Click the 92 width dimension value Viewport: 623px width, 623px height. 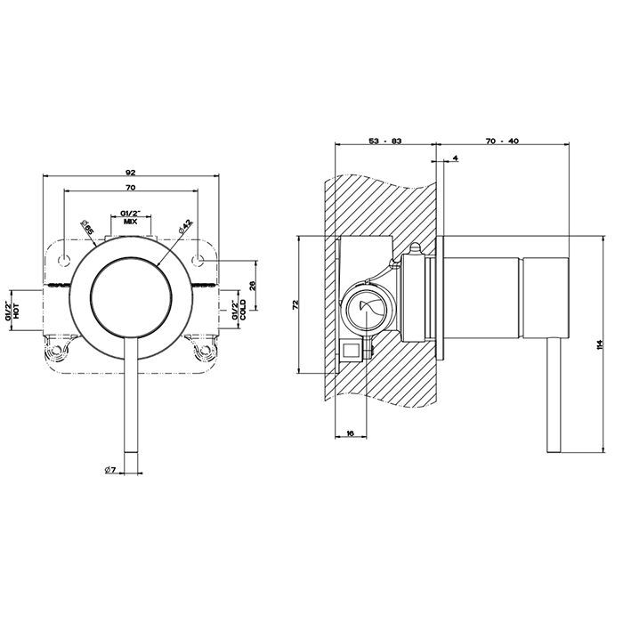[131, 172]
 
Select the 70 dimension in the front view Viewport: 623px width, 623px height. [131, 188]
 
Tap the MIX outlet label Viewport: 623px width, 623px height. [130, 222]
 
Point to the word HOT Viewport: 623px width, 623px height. [16, 311]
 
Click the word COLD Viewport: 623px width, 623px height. [243, 310]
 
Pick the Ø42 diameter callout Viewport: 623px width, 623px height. [185, 226]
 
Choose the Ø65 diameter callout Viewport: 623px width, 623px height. [86, 227]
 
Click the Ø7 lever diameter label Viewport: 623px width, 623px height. [110, 470]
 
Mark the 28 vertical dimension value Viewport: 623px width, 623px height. [253, 285]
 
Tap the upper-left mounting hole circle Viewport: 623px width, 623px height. [64, 260]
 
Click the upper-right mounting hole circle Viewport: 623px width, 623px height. [198, 260]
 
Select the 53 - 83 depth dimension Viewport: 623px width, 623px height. [385, 141]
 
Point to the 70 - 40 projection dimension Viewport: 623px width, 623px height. [502, 141]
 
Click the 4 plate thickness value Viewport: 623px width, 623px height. [456, 158]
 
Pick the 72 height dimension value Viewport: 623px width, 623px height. [295, 304]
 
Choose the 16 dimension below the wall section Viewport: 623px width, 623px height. [350, 433]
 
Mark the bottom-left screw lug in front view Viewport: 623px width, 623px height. [55, 351]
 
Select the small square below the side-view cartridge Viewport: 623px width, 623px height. [352, 351]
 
